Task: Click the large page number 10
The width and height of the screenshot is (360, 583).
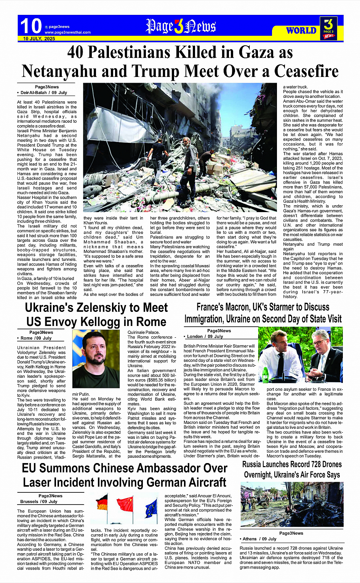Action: pyautogui.click(x=31, y=26)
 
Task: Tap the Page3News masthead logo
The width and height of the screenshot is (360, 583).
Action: pyautogui.click(x=181, y=26)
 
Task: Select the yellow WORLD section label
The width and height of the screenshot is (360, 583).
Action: pyautogui.click(x=301, y=30)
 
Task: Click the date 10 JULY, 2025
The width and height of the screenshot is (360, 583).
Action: pyautogui.click(x=39, y=38)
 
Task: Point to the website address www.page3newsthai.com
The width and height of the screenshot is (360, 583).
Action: pyautogui.click(x=67, y=32)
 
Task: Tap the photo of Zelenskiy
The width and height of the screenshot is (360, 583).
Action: pyautogui.click(x=96, y=359)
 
